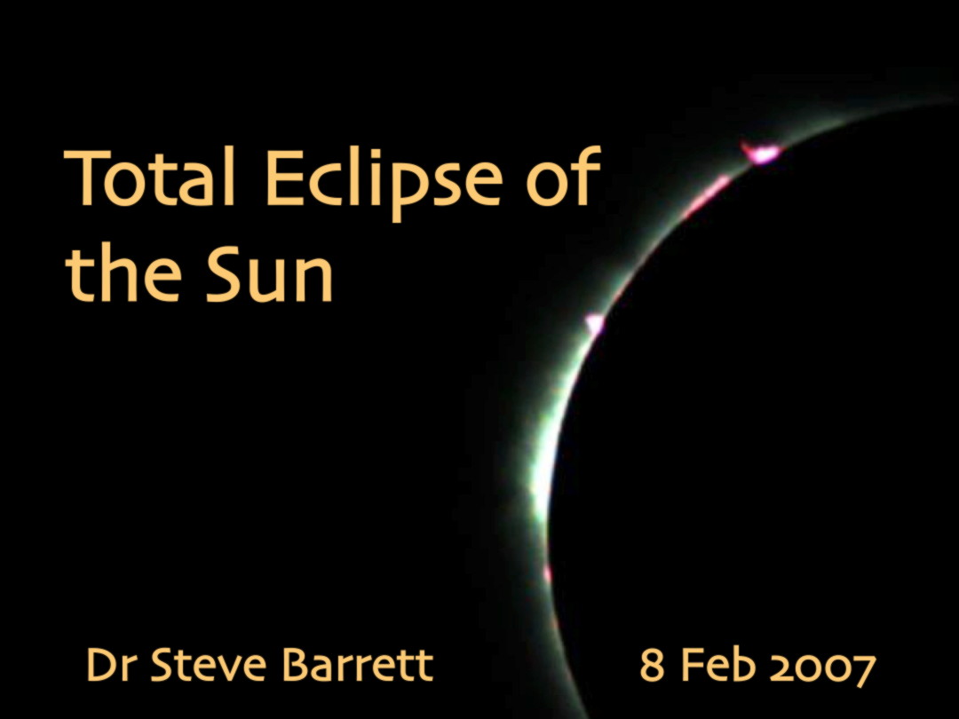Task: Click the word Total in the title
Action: tap(150, 178)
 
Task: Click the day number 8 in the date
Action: tap(652, 665)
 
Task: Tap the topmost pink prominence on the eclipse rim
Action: tap(762, 152)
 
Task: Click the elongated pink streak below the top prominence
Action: tap(707, 197)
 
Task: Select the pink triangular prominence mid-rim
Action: tap(594, 323)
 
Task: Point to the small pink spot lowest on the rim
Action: tap(547, 573)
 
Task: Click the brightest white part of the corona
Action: tap(541, 483)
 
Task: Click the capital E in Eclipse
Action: tap(283, 178)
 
